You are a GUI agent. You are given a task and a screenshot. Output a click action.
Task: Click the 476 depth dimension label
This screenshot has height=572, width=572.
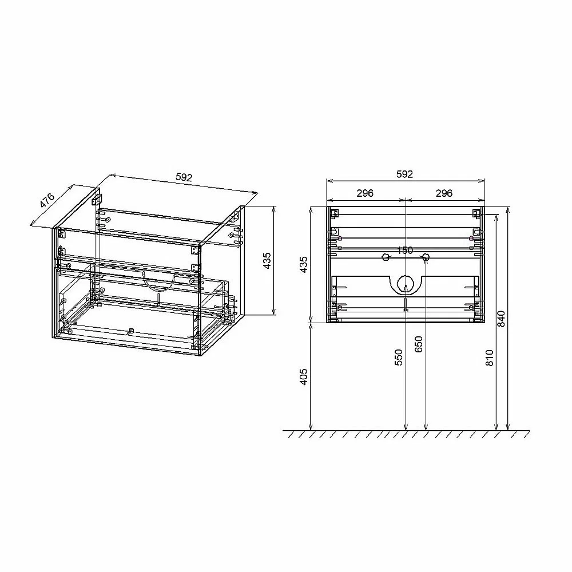[47, 200]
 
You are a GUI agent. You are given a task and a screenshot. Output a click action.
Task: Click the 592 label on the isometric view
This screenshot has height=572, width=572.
[184, 177]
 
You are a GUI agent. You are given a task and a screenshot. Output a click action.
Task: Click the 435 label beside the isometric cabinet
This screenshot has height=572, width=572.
[267, 261]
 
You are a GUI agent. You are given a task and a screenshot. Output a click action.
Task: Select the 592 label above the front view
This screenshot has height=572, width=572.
[404, 174]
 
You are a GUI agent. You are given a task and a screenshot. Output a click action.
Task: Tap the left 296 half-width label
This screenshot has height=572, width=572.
[365, 193]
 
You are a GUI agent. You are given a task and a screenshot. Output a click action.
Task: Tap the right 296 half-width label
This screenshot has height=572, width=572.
[444, 193]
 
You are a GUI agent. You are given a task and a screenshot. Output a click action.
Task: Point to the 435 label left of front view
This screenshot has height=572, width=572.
[304, 264]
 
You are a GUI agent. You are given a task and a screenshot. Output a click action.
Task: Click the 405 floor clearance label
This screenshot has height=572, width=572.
[304, 377]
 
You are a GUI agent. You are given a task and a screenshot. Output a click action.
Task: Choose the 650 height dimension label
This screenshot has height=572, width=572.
[419, 344]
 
